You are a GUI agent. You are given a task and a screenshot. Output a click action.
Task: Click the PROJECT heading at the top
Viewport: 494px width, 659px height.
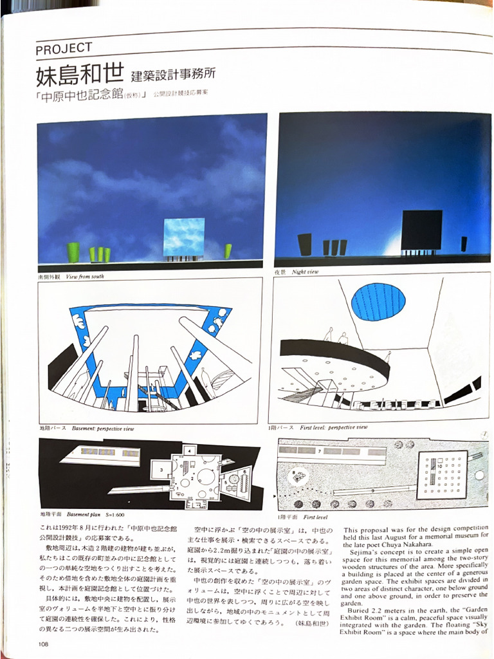click(64, 48)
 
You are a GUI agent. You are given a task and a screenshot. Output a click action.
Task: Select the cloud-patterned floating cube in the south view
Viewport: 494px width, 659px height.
click(183, 237)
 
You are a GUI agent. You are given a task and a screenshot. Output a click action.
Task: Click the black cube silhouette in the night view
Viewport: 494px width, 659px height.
click(421, 230)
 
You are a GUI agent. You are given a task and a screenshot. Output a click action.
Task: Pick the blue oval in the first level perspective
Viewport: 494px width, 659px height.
click(378, 302)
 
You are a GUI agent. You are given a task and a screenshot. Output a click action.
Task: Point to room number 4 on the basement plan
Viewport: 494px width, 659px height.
click(191, 450)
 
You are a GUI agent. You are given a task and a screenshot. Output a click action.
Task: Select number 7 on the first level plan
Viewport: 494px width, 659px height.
click(319, 452)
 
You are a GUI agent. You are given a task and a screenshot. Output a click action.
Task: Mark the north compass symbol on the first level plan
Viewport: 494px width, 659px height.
click(482, 434)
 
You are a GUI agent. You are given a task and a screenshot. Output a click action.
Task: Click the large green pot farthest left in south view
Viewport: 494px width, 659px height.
click(73, 252)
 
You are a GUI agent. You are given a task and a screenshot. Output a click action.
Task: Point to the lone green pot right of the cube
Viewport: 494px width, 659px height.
click(228, 251)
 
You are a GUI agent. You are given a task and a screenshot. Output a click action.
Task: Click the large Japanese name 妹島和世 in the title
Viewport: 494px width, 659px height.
click(80, 75)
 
